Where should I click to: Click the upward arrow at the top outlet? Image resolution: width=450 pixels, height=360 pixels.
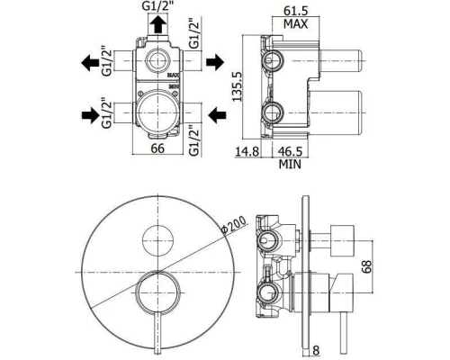157,24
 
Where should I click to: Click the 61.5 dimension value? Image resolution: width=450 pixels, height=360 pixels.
296,11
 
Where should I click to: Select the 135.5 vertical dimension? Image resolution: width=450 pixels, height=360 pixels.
238,86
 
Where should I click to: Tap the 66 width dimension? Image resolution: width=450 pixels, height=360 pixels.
157,148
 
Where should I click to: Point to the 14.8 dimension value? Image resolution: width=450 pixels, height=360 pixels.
247,151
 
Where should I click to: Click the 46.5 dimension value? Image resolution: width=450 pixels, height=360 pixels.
290,151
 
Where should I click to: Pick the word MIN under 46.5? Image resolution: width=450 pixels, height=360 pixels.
290,164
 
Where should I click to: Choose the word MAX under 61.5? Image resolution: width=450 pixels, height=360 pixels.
296,24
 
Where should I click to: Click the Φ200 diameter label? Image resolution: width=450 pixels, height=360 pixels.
233,224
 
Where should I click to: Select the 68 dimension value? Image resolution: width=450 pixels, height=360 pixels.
366,266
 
